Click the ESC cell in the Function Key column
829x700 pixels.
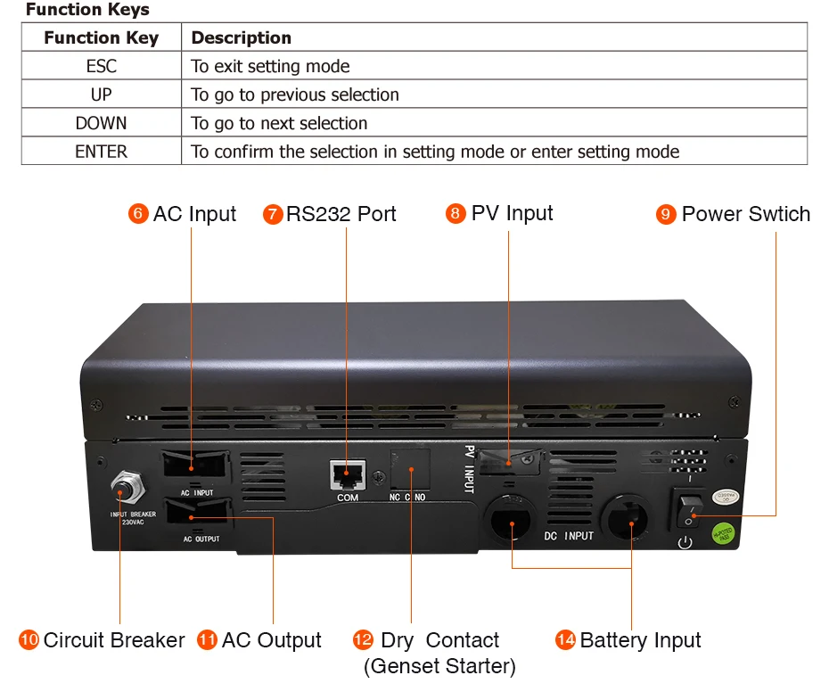101,66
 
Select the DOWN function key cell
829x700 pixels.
101,123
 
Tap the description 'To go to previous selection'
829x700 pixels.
295,95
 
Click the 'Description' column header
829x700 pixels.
241,37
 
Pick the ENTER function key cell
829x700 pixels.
101,152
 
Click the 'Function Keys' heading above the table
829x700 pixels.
86,10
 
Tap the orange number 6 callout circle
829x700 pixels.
138,214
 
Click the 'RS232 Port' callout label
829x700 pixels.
341,214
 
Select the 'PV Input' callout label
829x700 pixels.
512,213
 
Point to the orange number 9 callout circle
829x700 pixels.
666,214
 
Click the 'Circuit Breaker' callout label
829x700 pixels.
113,640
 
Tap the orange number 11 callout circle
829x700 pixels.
207,640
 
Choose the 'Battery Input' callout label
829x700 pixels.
640,640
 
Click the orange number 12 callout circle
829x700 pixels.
363,640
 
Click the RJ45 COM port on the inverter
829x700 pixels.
347,474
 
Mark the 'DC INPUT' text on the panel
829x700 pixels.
568,536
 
